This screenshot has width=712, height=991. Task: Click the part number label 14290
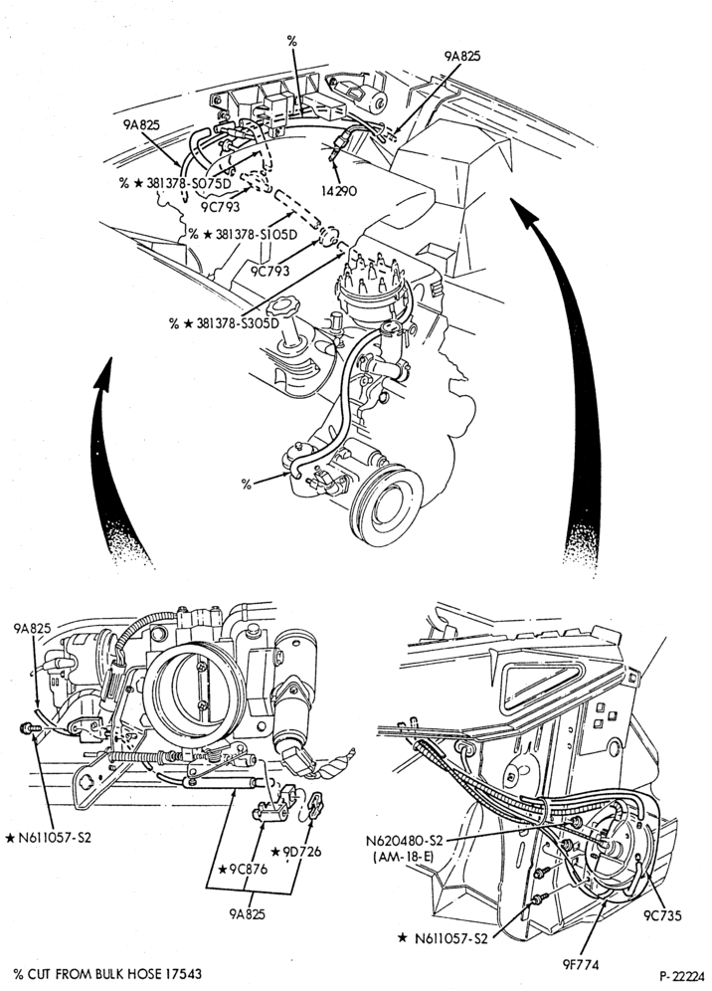click(x=340, y=190)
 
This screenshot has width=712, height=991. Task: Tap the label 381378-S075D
click(x=190, y=183)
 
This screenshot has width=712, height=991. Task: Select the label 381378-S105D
click(x=256, y=234)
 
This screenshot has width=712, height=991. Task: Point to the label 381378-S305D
click(x=238, y=323)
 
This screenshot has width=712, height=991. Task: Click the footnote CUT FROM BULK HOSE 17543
click(x=113, y=974)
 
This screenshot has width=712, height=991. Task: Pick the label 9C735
click(x=662, y=915)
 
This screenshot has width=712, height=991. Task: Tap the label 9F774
click(x=580, y=964)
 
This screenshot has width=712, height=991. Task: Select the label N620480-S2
click(x=405, y=841)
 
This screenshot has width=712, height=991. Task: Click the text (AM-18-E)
click(x=405, y=857)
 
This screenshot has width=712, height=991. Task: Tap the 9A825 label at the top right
click(x=461, y=56)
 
